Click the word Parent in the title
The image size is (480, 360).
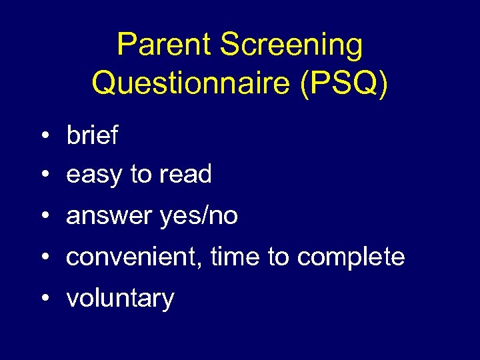tap(164, 45)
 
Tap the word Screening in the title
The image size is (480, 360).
tap(291, 45)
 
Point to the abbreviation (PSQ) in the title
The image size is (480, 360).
tap(344, 83)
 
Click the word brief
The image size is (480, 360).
tap(92, 136)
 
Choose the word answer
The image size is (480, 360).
tap(109, 217)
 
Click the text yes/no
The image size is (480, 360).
tap(199, 217)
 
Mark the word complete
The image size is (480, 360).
tap(351, 257)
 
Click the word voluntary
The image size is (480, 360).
tap(120, 298)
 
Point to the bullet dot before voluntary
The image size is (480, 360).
tap(44, 299)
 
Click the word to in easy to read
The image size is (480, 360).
tap(141, 175)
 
